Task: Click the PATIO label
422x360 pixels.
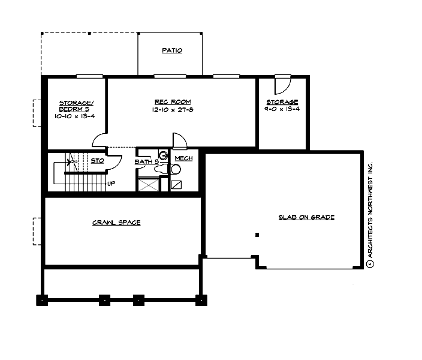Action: tap(172, 51)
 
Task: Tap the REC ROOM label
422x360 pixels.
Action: tap(173, 102)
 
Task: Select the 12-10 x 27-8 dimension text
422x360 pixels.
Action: tap(173, 110)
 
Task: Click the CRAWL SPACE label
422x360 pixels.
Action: tap(116, 223)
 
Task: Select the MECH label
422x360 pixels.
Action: tap(183, 160)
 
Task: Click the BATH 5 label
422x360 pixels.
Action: tap(146, 161)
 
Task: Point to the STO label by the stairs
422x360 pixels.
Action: tap(97, 160)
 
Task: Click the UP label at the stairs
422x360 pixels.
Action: tap(111, 183)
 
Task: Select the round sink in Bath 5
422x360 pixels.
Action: tap(162, 154)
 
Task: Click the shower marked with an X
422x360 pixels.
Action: tap(148, 184)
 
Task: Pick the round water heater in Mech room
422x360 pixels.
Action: tap(176, 170)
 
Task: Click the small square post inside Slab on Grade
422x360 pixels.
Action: tap(257, 235)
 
